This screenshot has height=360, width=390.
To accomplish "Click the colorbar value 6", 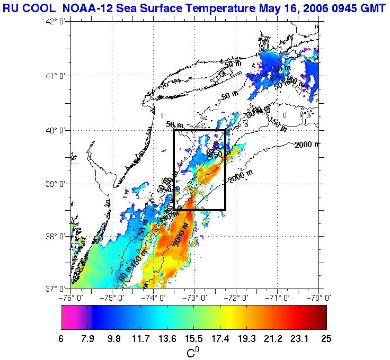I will point(62,339).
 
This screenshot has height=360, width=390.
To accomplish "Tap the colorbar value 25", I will point(326,339).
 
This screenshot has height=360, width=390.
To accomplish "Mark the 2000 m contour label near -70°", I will point(307,145).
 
